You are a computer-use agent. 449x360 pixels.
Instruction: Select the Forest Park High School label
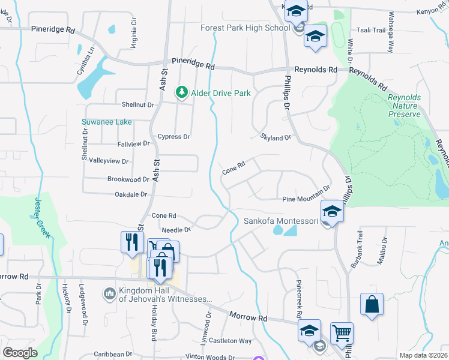click(x=246, y=28)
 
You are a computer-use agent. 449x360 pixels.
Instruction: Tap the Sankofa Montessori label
click(x=280, y=221)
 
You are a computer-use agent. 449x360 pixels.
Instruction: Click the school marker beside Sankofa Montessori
click(x=332, y=211)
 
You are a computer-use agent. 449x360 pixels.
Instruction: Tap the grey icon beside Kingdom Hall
click(x=109, y=293)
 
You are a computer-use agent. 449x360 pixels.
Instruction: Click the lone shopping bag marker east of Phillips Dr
click(x=372, y=304)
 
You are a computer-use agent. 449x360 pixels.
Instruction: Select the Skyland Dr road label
click(x=275, y=137)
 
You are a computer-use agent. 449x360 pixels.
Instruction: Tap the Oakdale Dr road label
click(x=131, y=194)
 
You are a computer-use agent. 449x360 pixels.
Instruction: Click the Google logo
click(x=20, y=353)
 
